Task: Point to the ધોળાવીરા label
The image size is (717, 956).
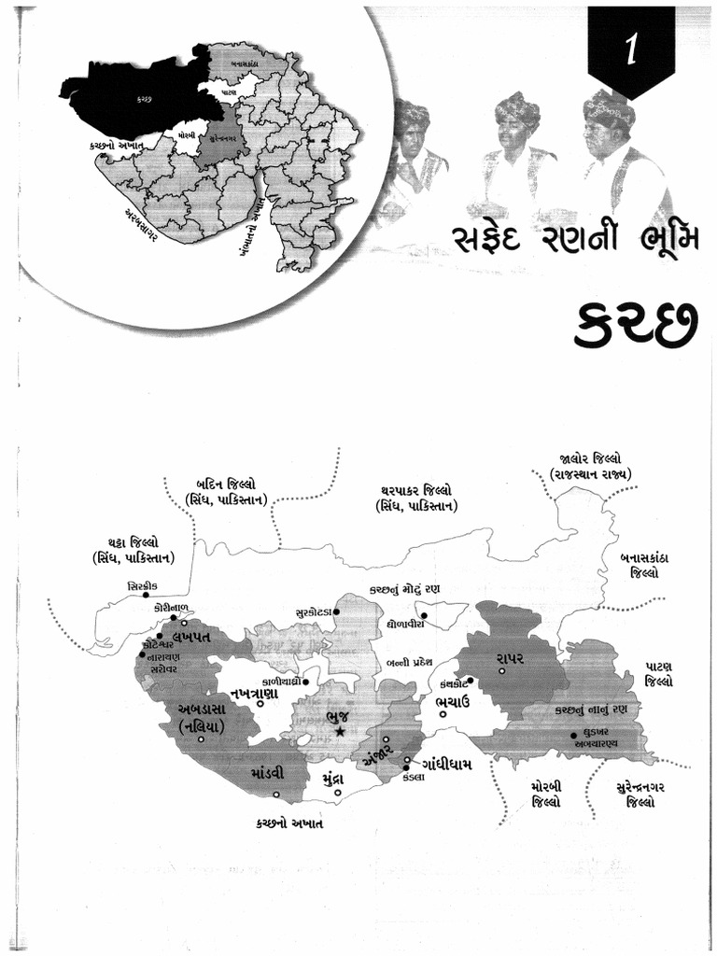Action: click(405, 622)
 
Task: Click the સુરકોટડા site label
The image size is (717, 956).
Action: click(310, 611)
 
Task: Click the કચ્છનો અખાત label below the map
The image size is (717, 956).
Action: click(290, 824)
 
